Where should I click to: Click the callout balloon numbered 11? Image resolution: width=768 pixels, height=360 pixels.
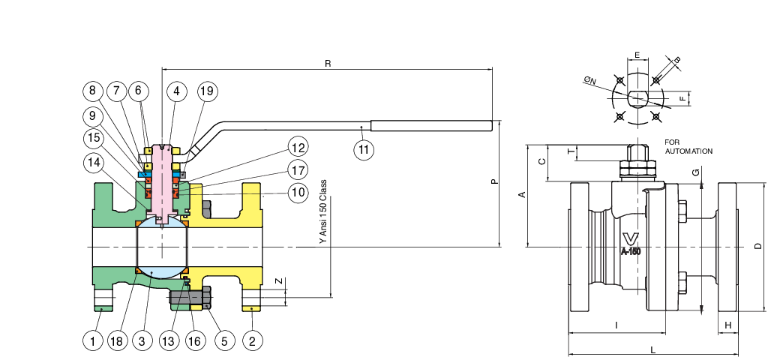point(364,150)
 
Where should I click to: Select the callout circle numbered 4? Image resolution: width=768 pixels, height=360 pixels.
point(176,91)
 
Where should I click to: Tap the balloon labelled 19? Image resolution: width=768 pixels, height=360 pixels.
point(208,91)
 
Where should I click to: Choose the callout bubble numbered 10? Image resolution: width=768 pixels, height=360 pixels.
point(298,192)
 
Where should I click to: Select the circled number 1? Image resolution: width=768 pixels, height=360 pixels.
point(92,341)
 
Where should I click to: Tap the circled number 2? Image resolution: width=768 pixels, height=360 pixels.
point(253,341)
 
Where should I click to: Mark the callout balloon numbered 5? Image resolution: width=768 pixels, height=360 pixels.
point(224,341)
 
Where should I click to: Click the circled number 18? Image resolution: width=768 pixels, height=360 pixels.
point(116,341)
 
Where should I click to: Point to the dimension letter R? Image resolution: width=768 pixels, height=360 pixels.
point(328,63)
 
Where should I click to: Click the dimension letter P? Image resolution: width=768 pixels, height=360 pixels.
point(495,181)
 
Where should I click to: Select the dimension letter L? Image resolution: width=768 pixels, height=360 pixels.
point(653,349)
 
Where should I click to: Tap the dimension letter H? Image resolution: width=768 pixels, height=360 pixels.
point(727,325)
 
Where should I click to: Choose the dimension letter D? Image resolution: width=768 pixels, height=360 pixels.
point(759,247)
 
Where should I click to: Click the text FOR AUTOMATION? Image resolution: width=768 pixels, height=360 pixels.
point(688,146)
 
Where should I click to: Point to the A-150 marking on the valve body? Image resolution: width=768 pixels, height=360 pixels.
point(631,252)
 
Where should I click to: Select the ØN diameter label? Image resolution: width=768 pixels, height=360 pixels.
point(590,79)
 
